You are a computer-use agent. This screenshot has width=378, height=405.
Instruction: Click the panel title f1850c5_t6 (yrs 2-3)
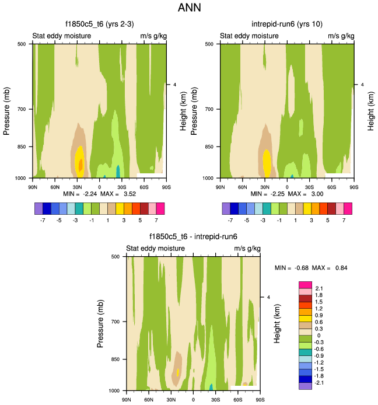point(99,24)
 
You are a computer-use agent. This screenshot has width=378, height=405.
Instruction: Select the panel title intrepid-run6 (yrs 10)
point(286,24)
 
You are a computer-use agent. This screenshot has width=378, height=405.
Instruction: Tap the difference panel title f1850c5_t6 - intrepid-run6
point(192,236)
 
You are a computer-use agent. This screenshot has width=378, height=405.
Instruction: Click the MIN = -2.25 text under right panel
point(267,193)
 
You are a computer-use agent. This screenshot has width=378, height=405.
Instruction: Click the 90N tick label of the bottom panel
point(127,400)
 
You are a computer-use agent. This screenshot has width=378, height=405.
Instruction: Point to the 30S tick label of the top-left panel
point(121,187)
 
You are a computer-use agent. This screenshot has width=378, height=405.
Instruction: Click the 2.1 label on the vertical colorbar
point(319,288)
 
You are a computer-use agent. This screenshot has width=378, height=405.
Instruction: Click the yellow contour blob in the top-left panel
point(80,158)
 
